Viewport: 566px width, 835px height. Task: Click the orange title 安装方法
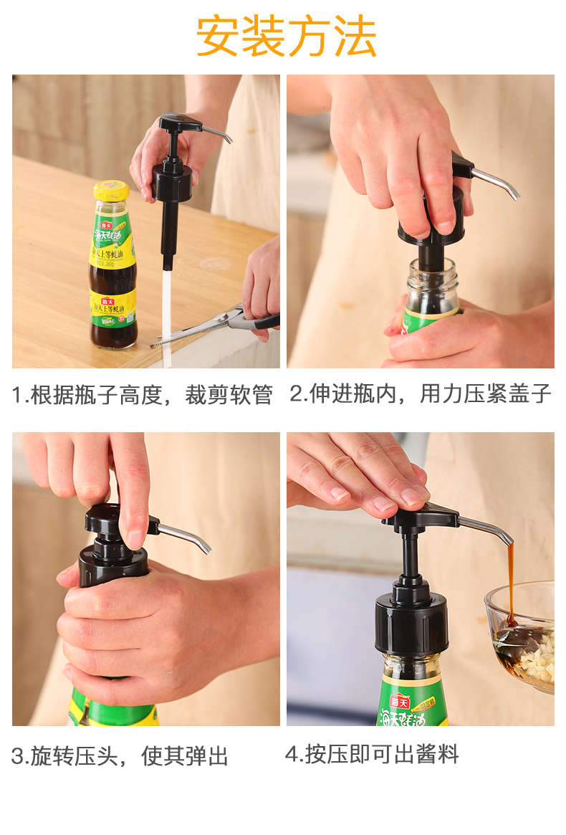click(x=287, y=37)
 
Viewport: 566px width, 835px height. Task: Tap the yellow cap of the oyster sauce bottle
click(x=111, y=191)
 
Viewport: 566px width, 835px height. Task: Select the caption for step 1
click(x=142, y=395)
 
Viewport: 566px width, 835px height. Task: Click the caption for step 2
click(x=421, y=393)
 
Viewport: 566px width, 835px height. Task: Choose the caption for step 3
click(x=120, y=755)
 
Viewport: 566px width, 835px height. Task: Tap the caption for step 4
click(x=372, y=754)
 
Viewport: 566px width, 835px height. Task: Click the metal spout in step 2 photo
click(x=495, y=182)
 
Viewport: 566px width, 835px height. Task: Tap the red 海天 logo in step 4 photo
click(x=399, y=702)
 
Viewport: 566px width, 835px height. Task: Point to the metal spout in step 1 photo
click(x=216, y=133)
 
